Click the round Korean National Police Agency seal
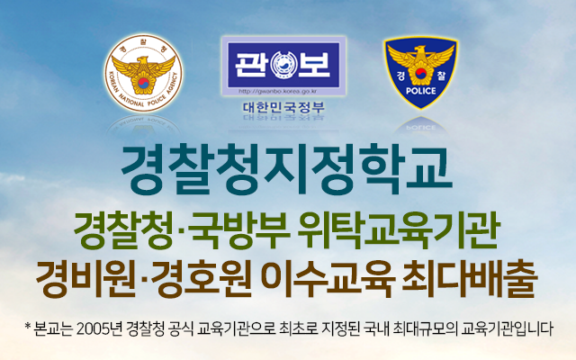tap(144, 74)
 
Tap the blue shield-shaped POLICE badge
tap(420, 73)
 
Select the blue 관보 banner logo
tap(283, 65)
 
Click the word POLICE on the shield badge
tap(421, 91)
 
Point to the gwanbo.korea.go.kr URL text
tap(278, 91)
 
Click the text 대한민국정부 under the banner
tap(283, 107)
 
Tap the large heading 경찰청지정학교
tap(286, 170)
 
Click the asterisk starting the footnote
tap(27, 326)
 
